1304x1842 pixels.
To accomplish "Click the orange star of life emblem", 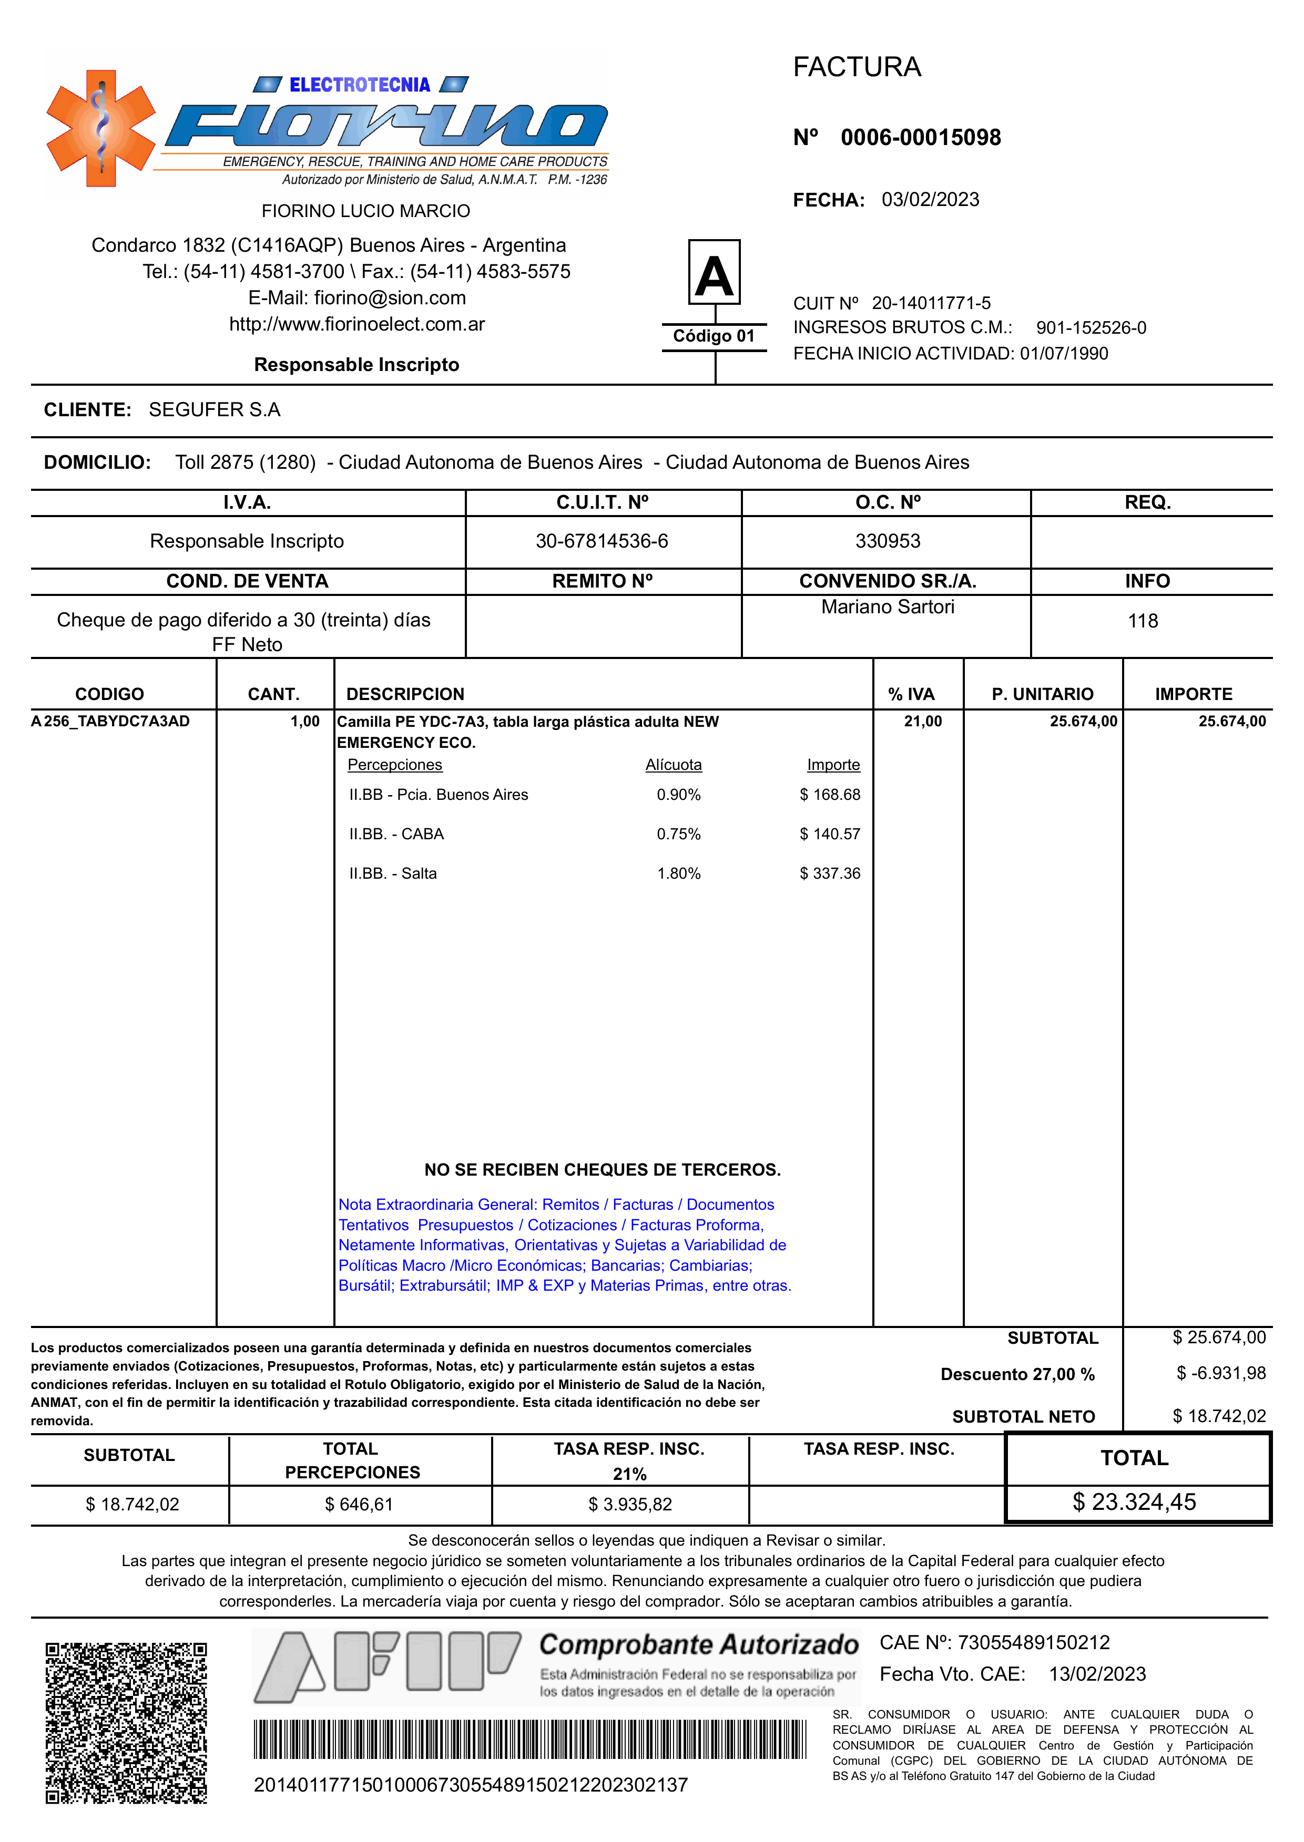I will [100, 128].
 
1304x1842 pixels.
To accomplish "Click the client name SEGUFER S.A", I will [215, 409].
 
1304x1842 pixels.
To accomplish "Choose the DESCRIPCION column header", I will [405, 694].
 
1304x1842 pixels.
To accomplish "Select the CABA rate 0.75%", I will [678, 834].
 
